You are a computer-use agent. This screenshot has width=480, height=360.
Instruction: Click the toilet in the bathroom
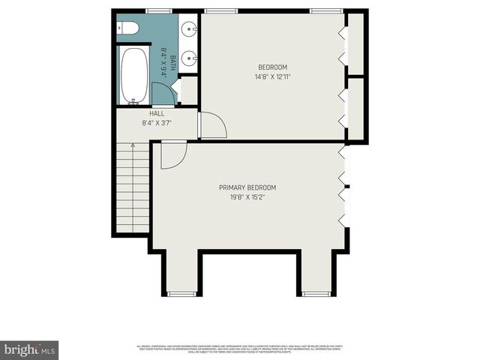tap(128, 28)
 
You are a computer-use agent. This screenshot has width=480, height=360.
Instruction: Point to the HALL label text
tap(157, 114)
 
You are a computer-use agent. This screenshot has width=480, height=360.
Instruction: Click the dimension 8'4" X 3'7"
tap(157, 123)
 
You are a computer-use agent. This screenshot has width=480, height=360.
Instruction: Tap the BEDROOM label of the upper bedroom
tap(272, 67)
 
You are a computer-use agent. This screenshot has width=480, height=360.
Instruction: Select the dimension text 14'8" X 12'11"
tap(272, 76)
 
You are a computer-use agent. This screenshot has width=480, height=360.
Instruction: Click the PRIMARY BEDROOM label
tap(247, 187)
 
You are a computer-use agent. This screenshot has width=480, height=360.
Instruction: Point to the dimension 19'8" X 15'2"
tap(247, 197)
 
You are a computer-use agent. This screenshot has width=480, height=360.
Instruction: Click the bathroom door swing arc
tap(163, 94)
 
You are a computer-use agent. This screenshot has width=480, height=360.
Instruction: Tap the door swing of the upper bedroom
tap(213, 125)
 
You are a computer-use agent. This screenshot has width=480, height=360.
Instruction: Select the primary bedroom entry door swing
tap(172, 155)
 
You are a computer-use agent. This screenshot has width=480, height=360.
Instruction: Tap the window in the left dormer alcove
tap(180, 294)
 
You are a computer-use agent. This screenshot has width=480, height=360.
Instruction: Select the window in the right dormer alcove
tap(315, 294)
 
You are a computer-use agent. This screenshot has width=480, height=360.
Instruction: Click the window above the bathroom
tap(159, 10)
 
